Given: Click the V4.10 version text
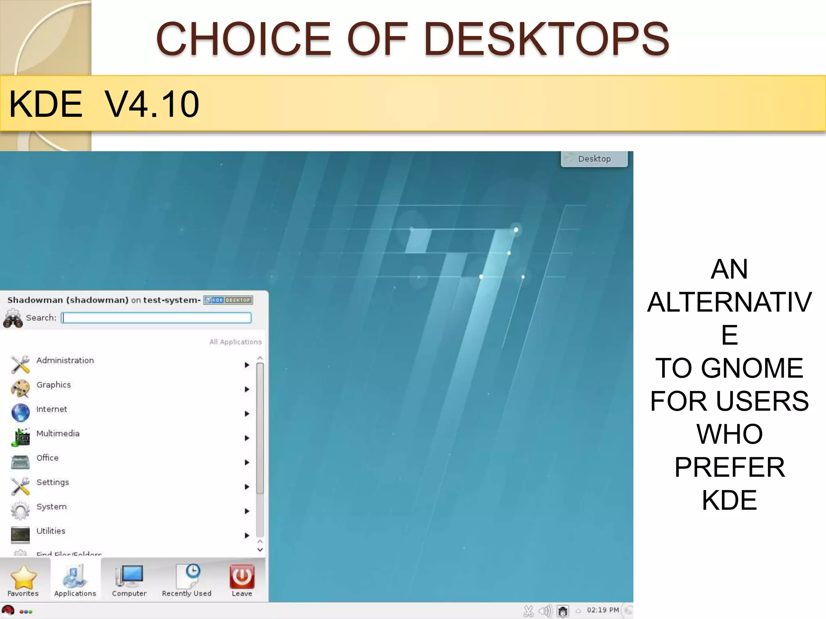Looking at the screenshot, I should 152,104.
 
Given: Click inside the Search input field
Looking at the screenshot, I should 156,318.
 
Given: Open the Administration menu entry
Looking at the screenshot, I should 65,361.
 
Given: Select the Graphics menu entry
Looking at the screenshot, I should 54,385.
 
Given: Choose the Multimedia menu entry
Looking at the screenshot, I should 58,434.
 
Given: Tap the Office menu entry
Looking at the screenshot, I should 47,458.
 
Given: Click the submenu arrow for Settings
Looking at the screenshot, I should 247,487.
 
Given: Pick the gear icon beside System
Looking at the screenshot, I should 20,510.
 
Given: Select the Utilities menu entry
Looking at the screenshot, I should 51,531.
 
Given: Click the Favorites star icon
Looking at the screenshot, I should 23,577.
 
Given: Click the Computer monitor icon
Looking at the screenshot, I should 129,576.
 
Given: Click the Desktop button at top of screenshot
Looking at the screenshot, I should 594,159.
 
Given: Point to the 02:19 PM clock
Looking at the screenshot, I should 603,610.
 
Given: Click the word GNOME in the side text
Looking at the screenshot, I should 752,368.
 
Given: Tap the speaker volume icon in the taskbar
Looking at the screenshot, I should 544,611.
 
